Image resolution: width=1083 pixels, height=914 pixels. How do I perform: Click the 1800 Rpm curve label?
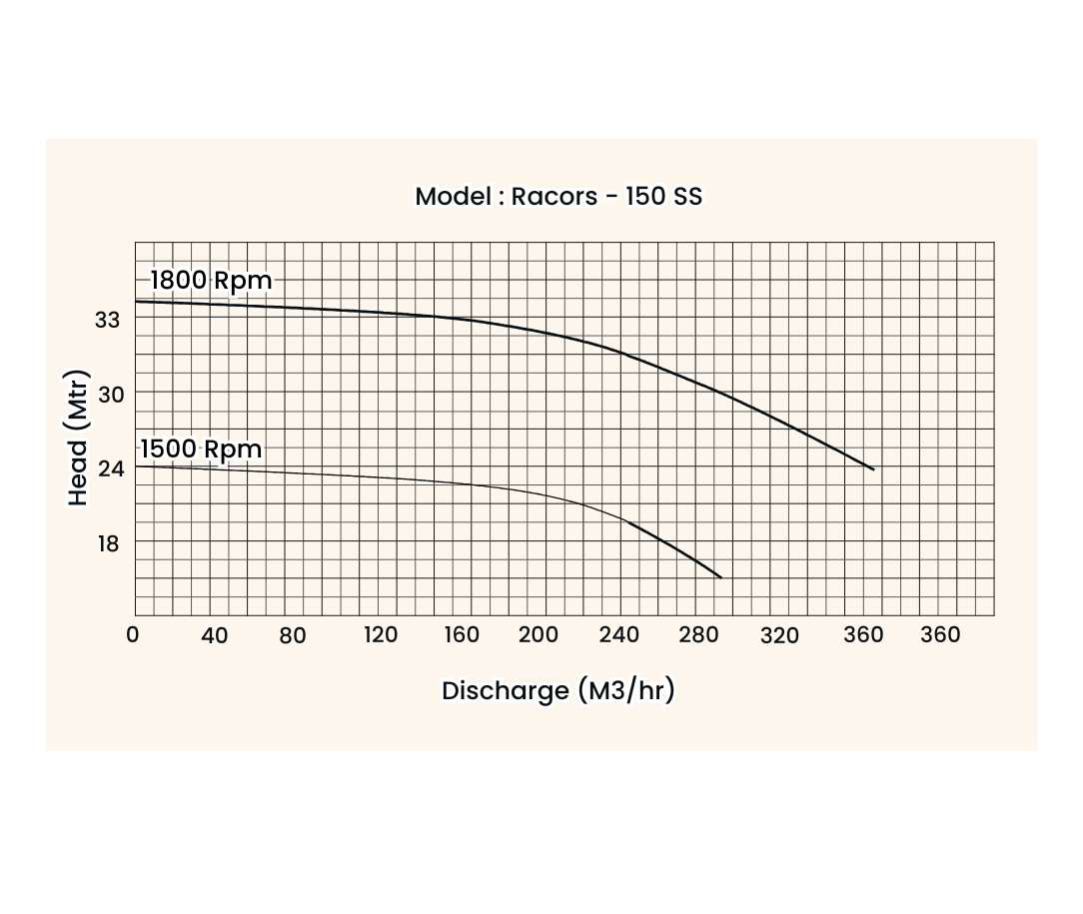(x=211, y=281)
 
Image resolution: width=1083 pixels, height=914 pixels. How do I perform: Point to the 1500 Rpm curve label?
(x=201, y=450)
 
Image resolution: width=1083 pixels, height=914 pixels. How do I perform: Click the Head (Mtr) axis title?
(x=79, y=440)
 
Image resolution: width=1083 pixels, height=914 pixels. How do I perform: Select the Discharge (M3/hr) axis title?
(x=557, y=690)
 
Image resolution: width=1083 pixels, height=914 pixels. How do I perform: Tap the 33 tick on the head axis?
(x=108, y=319)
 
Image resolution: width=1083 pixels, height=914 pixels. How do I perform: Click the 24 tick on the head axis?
(x=108, y=467)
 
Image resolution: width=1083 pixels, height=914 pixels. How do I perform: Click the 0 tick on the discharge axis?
(x=134, y=635)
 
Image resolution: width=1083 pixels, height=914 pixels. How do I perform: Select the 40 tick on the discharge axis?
(x=214, y=635)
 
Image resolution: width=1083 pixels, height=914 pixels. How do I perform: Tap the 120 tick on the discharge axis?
(x=380, y=635)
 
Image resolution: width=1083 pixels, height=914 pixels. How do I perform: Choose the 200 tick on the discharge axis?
(x=539, y=635)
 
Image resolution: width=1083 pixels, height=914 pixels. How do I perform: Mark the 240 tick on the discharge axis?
(x=619, y=635)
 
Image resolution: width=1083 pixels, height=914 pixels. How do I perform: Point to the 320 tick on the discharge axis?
(x=779, y=635)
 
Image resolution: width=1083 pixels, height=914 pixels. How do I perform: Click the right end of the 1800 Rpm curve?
(x=873, y=469)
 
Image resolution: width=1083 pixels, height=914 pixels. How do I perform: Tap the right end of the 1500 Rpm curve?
(x=720, y=577)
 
